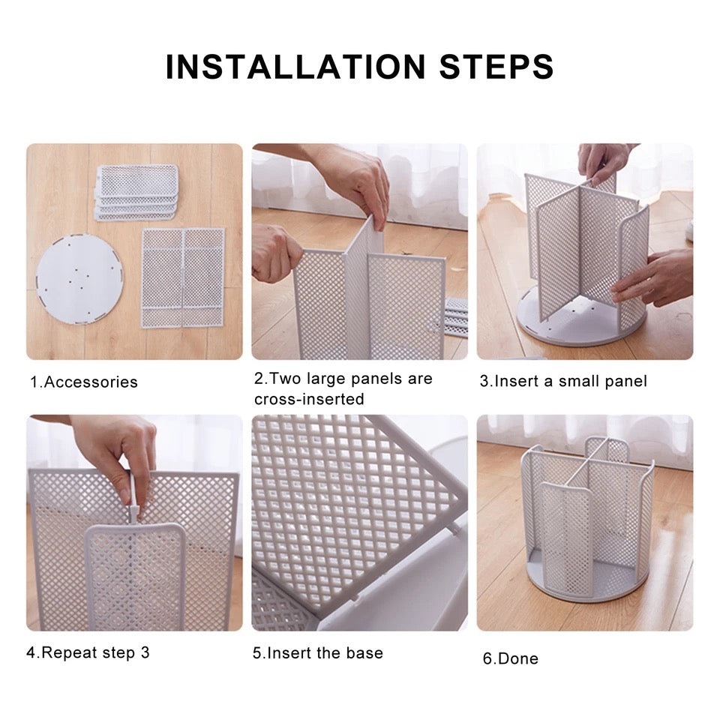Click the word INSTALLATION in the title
point(295,67)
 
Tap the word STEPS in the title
point(496,67)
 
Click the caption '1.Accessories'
point(84,382)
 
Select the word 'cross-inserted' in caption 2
point(309,399)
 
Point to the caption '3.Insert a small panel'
point(563,381)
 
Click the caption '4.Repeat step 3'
point(88,652)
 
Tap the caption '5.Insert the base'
point(318,653)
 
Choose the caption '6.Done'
point(511,658)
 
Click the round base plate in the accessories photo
point(79,279)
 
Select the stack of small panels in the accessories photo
point(136,193)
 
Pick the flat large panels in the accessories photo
point(183,277)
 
